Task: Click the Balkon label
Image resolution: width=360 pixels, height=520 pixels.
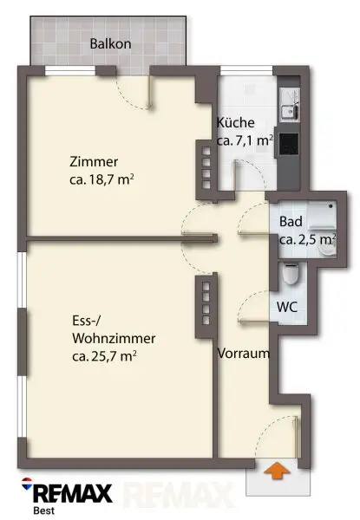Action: pos(110,43)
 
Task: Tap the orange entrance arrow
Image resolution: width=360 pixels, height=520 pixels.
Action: pos(277,471)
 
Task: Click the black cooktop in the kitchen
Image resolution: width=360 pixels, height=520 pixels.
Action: pos(288,144)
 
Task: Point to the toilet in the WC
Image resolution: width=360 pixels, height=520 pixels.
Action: pos(291,273)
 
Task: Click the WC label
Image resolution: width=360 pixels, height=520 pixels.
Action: pos(287,307)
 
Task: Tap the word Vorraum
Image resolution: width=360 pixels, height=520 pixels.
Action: pos(243,354)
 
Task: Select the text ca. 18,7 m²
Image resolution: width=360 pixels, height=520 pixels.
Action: pos(101,179)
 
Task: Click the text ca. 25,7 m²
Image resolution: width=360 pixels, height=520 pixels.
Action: pos(104,356)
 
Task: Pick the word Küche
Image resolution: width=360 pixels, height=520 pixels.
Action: pos(236,122)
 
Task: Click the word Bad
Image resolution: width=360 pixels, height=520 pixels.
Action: pos(291,222)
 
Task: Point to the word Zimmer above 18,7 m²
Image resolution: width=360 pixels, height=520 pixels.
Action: pos(94,162)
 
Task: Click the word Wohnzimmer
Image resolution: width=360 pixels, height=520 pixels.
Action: pos(114,339)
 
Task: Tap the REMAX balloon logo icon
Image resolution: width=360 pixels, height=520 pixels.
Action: pos(27,484)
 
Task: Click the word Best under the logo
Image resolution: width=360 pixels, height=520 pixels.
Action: pos(44,510)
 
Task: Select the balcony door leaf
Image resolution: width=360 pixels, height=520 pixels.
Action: pos(150,92)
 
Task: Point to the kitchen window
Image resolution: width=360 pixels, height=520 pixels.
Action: pos(246,70)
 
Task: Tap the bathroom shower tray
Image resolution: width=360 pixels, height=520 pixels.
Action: pos(323,214)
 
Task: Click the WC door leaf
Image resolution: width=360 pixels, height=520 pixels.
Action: pos(255,321)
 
